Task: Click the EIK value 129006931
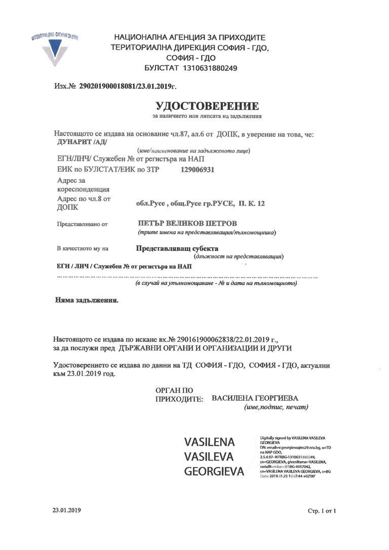click(x=197, y=170)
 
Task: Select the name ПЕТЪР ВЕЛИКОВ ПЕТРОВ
click(x=187, y=223)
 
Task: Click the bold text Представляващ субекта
click(x=177, y=249)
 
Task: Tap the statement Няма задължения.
click(x=86, y=300)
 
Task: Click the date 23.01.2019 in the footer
click(x=66, y=509)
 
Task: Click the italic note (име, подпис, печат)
click(x=276, y=407)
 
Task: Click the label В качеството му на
click(x=83, y=249)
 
